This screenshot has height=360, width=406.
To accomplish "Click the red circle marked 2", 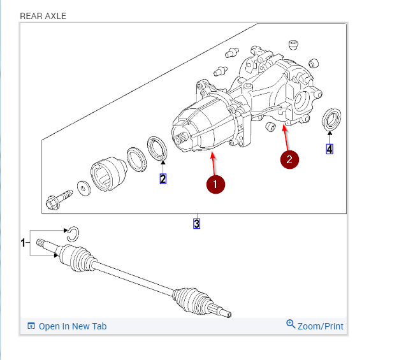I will (x=289, y=159).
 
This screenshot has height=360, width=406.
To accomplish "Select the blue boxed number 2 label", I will (x=163, y=179).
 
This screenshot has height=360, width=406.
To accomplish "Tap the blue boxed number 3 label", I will (x=196, y=224).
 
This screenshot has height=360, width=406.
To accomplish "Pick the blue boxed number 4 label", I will (x=329, y=149).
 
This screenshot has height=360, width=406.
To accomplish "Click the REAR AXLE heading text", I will (x=43, y=15).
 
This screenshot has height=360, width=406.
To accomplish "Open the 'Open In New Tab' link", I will (x=72, y=326).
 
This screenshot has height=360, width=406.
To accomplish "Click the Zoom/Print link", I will (x=320, y=326).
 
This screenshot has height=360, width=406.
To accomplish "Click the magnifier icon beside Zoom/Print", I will (x=291, y=324).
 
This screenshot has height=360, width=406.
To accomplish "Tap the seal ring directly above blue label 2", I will (x=157, y=148).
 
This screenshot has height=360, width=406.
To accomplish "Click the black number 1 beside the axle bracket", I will (x=23, y=243).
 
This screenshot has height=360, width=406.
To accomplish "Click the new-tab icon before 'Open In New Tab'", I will (x=31, y=326).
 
